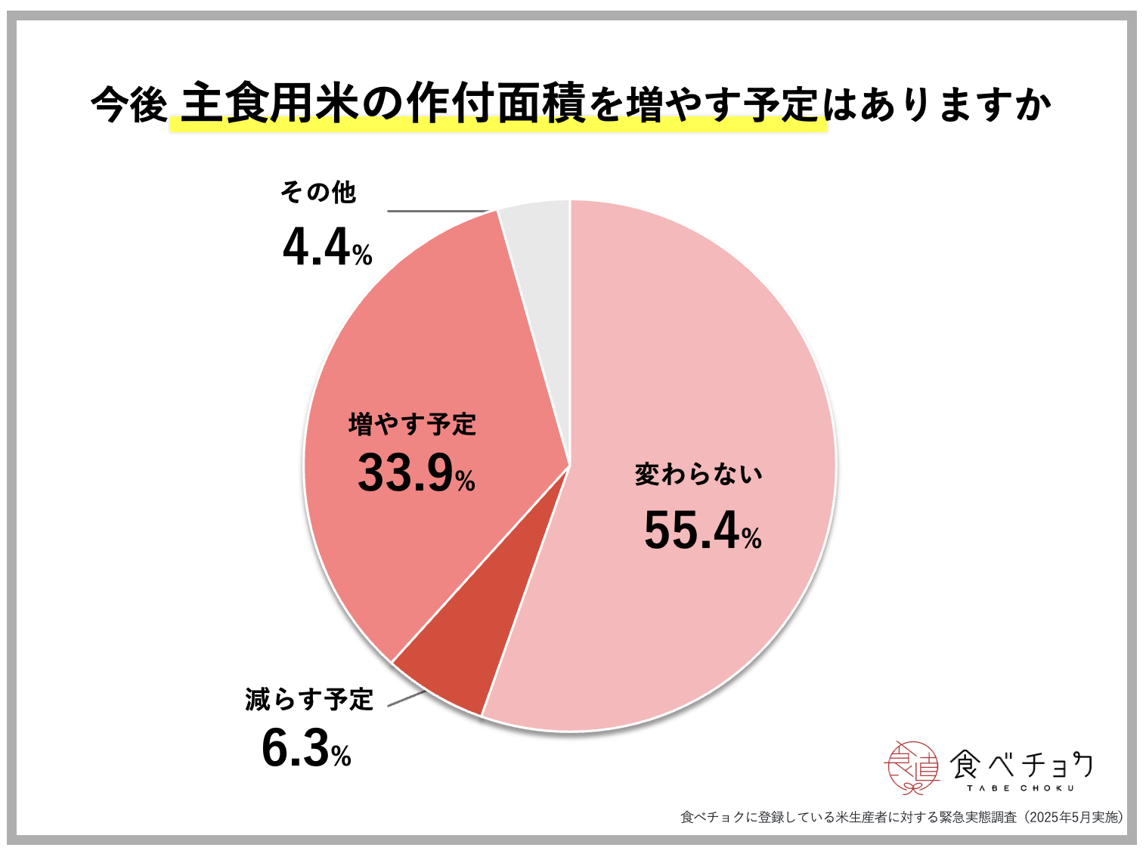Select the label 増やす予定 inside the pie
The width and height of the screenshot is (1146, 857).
(412, 424)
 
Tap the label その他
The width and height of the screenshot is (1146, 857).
(318, 193)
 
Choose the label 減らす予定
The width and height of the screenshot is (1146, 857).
(309, 699)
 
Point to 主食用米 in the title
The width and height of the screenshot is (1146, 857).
(268, 104)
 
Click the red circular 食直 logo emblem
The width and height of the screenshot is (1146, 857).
(911, 767)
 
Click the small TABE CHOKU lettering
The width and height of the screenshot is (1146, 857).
(1020, 788)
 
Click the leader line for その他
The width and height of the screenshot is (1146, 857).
(438, 212)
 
